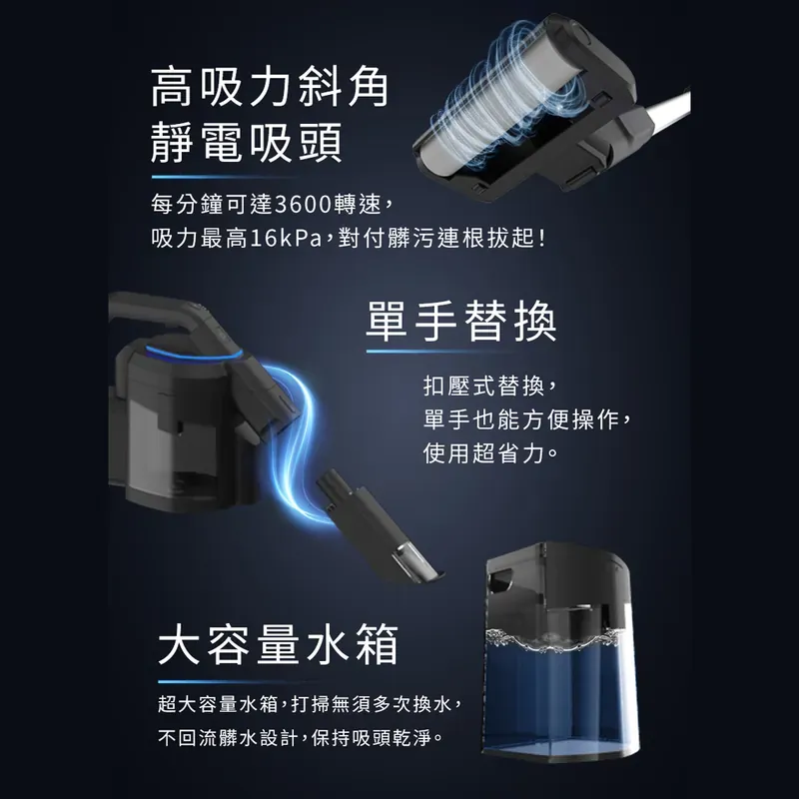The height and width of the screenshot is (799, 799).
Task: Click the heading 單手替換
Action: click(461, 322)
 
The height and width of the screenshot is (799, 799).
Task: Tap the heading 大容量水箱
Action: click(279, 644)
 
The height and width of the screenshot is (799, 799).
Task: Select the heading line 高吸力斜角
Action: click(270, 88)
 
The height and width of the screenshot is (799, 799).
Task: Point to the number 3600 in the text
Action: click(304, 205)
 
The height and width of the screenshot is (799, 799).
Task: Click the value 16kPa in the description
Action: click(286, 238)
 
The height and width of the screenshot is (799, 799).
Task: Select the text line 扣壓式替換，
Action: click(490, 386)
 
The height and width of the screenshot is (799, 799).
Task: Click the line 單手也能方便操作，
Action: click(528, 419)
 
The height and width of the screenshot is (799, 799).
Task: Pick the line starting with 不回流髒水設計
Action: click(301, 737)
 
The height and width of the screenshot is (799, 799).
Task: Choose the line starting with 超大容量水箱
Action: click(311, 704)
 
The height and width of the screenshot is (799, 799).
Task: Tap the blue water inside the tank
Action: click(560, 698)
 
